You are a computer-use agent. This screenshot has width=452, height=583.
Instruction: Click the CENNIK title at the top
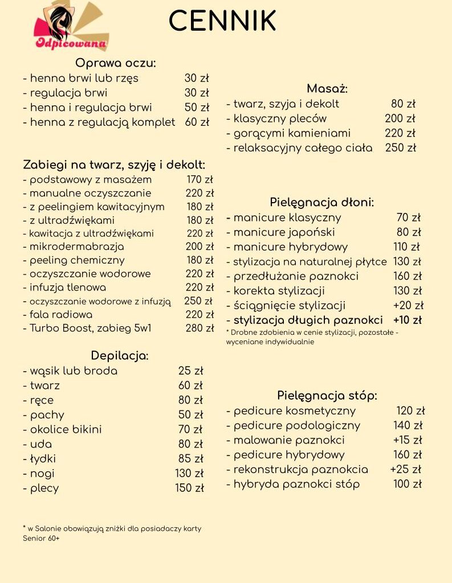click(x=222, y=21)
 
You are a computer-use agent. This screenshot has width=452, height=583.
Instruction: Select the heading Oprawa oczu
click(x=116, y=63)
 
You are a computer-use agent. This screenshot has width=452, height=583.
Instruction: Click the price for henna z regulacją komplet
click(x=197, y=122)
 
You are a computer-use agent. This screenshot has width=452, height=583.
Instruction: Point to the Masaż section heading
click(x=327, y=89)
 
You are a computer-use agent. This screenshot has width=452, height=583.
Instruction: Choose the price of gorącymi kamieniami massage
click(x=400, y=133)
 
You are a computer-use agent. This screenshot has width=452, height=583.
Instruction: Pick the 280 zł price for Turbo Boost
click(x=199, y=328)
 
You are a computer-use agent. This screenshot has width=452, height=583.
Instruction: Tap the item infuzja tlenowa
click(x=67, y=288)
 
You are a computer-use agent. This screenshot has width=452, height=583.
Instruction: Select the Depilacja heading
click(x=119, y=356)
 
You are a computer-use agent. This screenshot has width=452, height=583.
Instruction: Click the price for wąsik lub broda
click(x=190, y=371)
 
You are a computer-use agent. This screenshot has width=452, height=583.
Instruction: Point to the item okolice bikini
click(x=65, y=430)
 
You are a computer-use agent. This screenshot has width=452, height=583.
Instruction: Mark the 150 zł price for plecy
click(x=189, y=488)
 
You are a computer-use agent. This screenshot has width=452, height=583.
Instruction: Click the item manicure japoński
click(x=283, y=232)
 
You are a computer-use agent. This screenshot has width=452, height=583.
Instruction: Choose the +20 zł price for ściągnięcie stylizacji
click(x=408, y=306)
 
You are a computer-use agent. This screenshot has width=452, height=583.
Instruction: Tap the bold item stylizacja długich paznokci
click(x=308, y=320)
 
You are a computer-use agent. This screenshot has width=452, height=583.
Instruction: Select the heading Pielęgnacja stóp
click(x=327, y=396)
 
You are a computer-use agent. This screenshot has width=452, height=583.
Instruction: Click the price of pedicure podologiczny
click(x=408, y=425)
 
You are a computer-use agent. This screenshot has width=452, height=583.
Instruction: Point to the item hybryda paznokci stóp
click(x=296, y=485)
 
